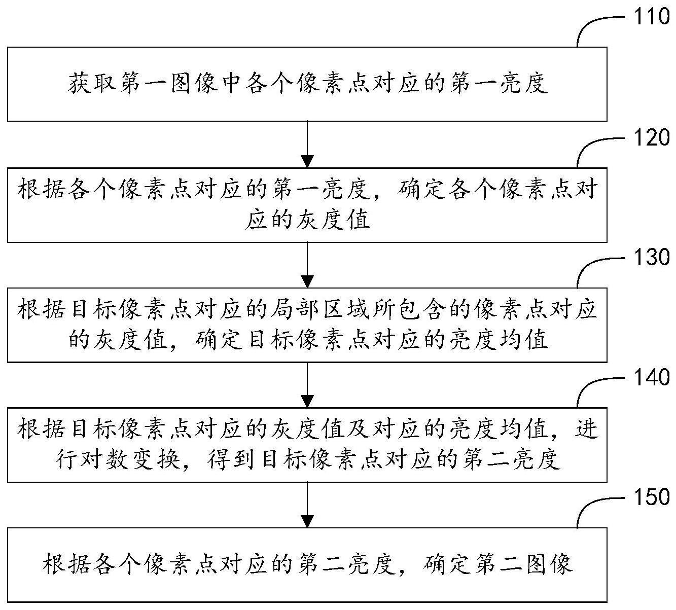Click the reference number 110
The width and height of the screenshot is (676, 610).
coord(651,17)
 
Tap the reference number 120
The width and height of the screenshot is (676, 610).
coord(651,137)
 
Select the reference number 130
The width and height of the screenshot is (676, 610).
coord(651,258)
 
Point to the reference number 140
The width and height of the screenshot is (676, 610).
coord(651,378)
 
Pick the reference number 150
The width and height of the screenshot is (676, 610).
coord(651,497)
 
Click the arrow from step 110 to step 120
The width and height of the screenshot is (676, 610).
coord(307,145)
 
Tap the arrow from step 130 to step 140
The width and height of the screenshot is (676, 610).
coord(307,385)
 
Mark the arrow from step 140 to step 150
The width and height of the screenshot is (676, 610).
coord(307,505)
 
